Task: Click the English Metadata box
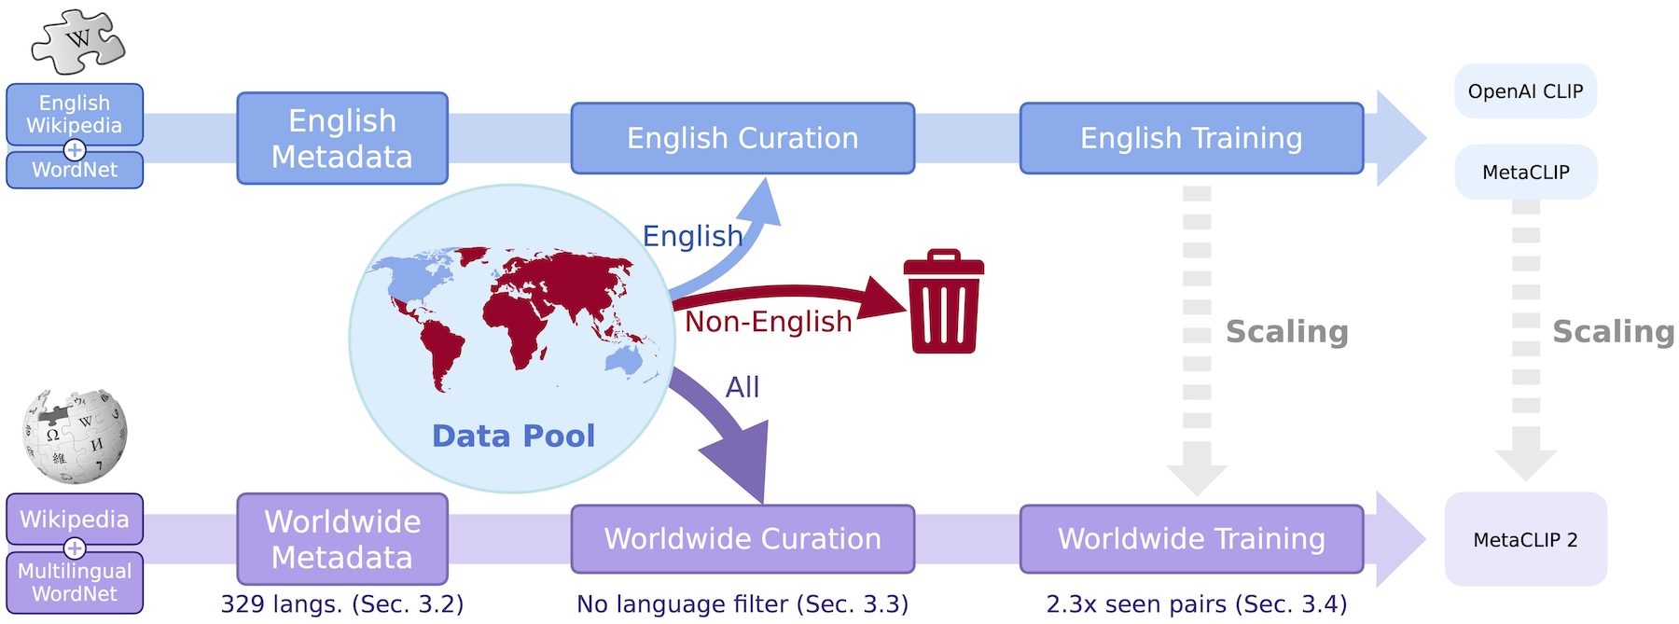tap(342, 138)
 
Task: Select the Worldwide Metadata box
tap(342, 539)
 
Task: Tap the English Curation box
tap(742, 138)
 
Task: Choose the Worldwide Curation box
tap(742, 539)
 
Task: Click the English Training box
tap(1191, 138)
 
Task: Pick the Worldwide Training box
tap(1191, 539)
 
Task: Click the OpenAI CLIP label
tap(1525, 91)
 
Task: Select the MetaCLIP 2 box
tap(1525, 539)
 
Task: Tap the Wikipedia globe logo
tap(75, 436)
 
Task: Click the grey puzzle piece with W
tap(78, 42)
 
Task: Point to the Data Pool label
tap(513, 436)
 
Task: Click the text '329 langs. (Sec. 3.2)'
tap(342, 604)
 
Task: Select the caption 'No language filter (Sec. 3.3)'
tap(742, 604)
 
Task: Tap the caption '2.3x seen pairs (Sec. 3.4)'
tap(1197, 604)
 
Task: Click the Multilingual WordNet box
tap(75, 582)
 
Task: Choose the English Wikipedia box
tap(75, 114)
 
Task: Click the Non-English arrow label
tap(769, 322)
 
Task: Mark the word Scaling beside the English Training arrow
tap(1286, 332)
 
